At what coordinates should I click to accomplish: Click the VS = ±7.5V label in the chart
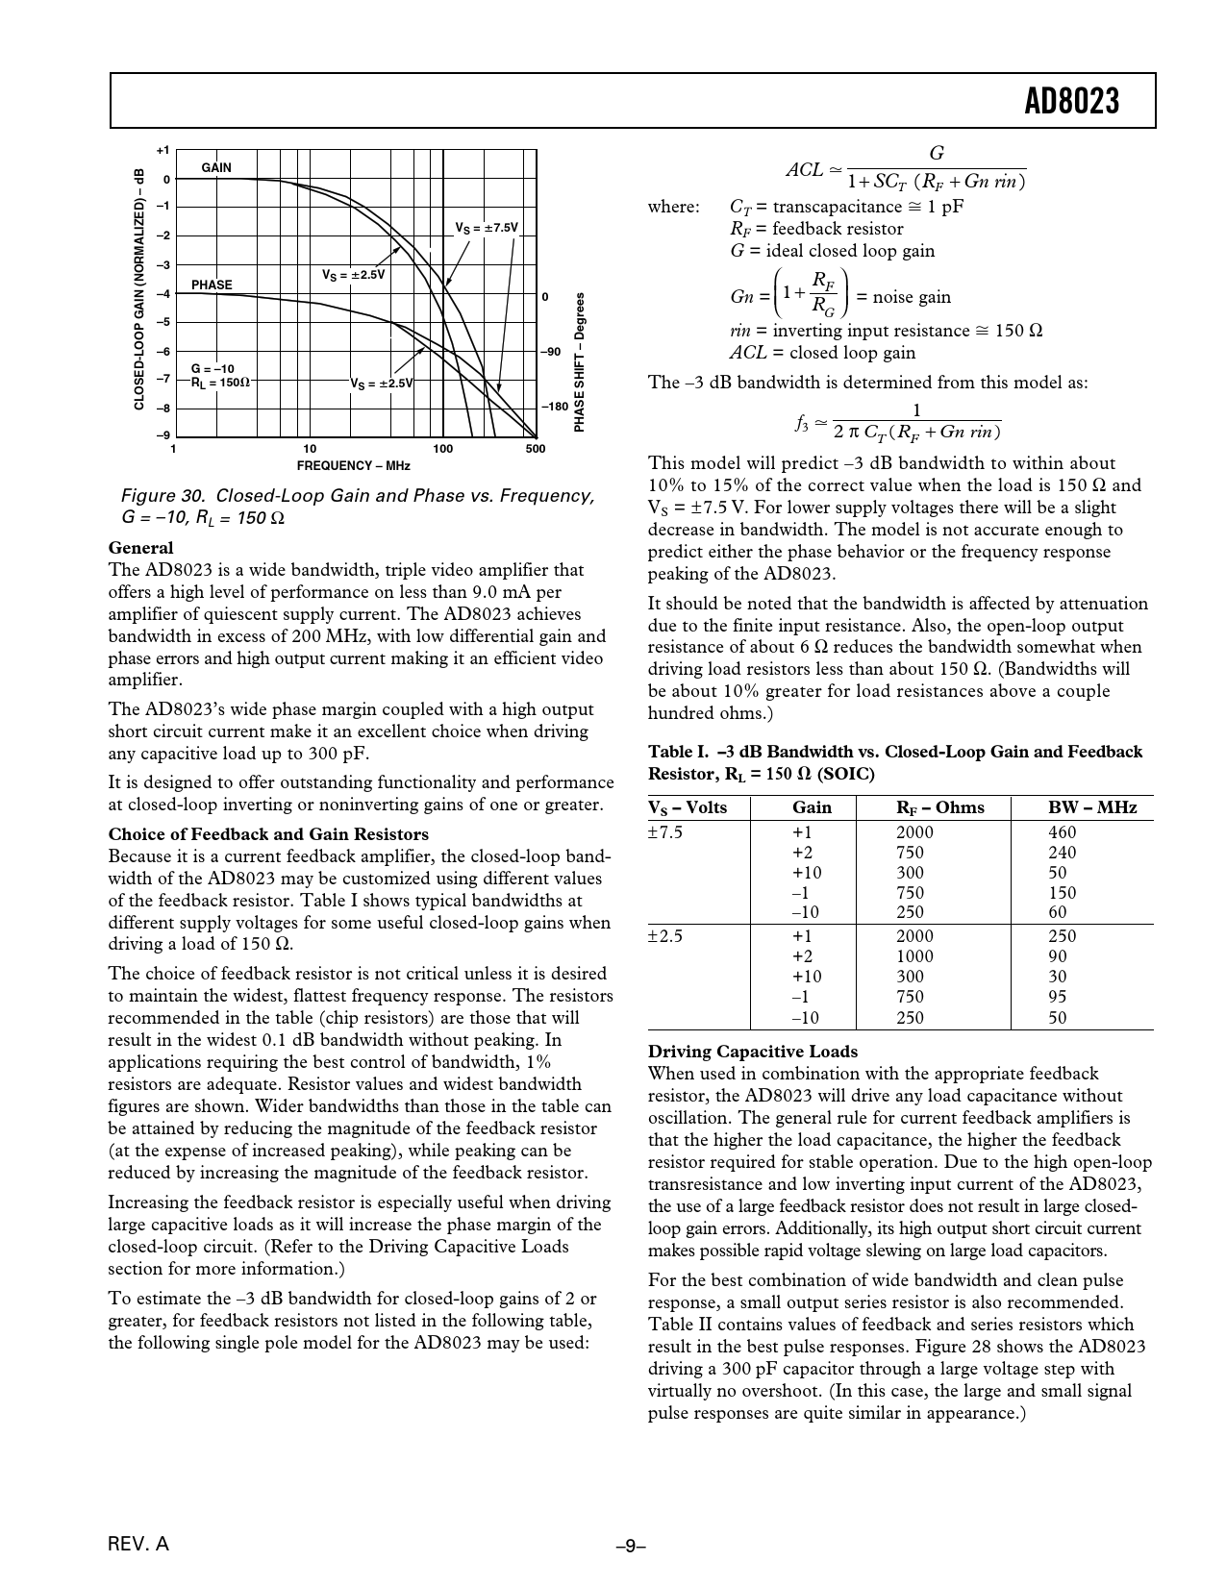click(487, 228)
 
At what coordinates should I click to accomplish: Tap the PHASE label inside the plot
click(212, 285)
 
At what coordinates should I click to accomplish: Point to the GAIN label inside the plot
click(216, 167)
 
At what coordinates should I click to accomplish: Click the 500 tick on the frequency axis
click(536, 449)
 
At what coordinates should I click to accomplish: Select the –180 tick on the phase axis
click(555, 407)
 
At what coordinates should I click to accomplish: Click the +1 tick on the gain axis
click(163, 151)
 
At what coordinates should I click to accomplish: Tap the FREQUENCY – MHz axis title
click(354, 466)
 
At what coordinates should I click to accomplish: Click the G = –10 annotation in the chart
click(213, 368)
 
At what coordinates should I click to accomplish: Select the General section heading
click(140, 548)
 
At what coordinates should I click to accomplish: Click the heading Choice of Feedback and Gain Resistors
click(268, 833)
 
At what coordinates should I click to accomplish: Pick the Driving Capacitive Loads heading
click(753, 1051)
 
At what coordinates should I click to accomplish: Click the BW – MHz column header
click(1091, 807)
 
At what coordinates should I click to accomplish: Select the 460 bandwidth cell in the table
click(1062, 832)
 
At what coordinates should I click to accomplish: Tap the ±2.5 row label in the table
click(665, 935)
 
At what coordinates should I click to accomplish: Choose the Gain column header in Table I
click(812, 807)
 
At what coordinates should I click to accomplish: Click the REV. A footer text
click(138, 1545)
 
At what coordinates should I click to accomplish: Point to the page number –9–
click(630, 1546)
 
